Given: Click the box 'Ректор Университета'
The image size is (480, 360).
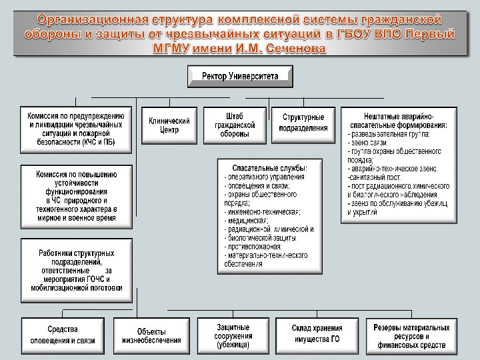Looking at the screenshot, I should point(240,76).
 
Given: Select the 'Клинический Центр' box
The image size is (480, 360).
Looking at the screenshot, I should point(169,125).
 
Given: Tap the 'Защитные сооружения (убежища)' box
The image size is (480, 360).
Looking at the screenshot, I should point(233,336).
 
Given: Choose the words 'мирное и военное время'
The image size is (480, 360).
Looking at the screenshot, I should point(77,218).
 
